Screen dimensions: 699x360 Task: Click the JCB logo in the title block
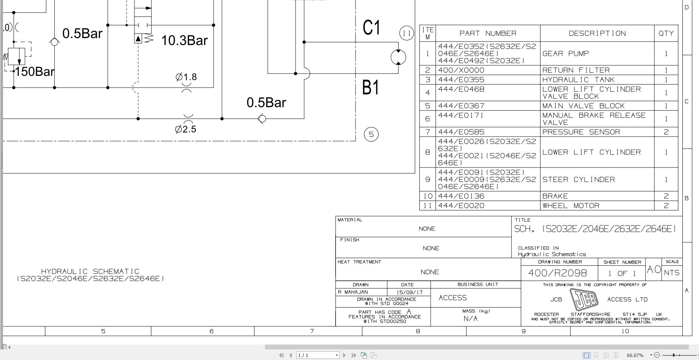pyautogui.click(x=584, y=299)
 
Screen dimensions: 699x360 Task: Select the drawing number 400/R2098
pyautogui.click(x=557, y=273)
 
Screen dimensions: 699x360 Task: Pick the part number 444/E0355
pyautogui.click(x=461, y=80)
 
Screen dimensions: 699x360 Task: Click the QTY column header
pyautogui.click(x=666, y=33)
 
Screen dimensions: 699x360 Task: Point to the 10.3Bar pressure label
pyautogui.click(x=184, y=40)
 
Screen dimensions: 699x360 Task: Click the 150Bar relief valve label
pyautogui.click(x=35, y=71)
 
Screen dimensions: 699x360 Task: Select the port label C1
pyautogui.click(x=372, y=28)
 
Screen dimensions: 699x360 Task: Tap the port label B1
pyautogui.click(x=371, y=88)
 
